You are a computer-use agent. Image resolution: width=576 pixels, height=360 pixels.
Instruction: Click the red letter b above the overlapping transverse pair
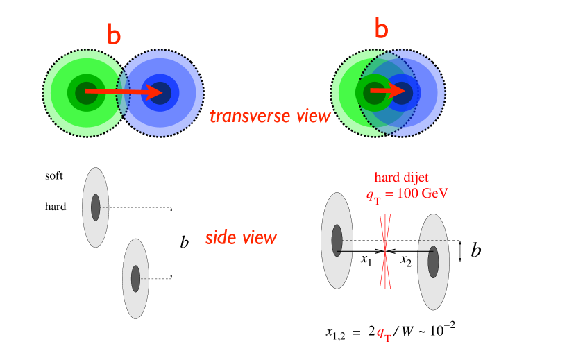pos(382,28)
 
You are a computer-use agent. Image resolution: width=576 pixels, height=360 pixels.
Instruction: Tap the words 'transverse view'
pos(270,116)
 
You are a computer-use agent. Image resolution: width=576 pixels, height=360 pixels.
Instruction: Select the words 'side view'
pos(241,238)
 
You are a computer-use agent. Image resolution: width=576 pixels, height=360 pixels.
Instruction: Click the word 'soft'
pos(53,176)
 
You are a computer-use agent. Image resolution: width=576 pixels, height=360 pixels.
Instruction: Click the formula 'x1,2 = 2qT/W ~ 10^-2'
pos(390,332)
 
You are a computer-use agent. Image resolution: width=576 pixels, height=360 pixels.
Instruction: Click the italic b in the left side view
pos(185,243)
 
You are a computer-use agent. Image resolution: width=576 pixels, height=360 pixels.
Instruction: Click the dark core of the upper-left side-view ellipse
pos(95,207)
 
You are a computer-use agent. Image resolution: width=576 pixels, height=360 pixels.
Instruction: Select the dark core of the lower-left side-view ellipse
pos(136,278)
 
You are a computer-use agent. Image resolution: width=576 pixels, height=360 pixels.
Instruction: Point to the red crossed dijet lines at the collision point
pos(384,250)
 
